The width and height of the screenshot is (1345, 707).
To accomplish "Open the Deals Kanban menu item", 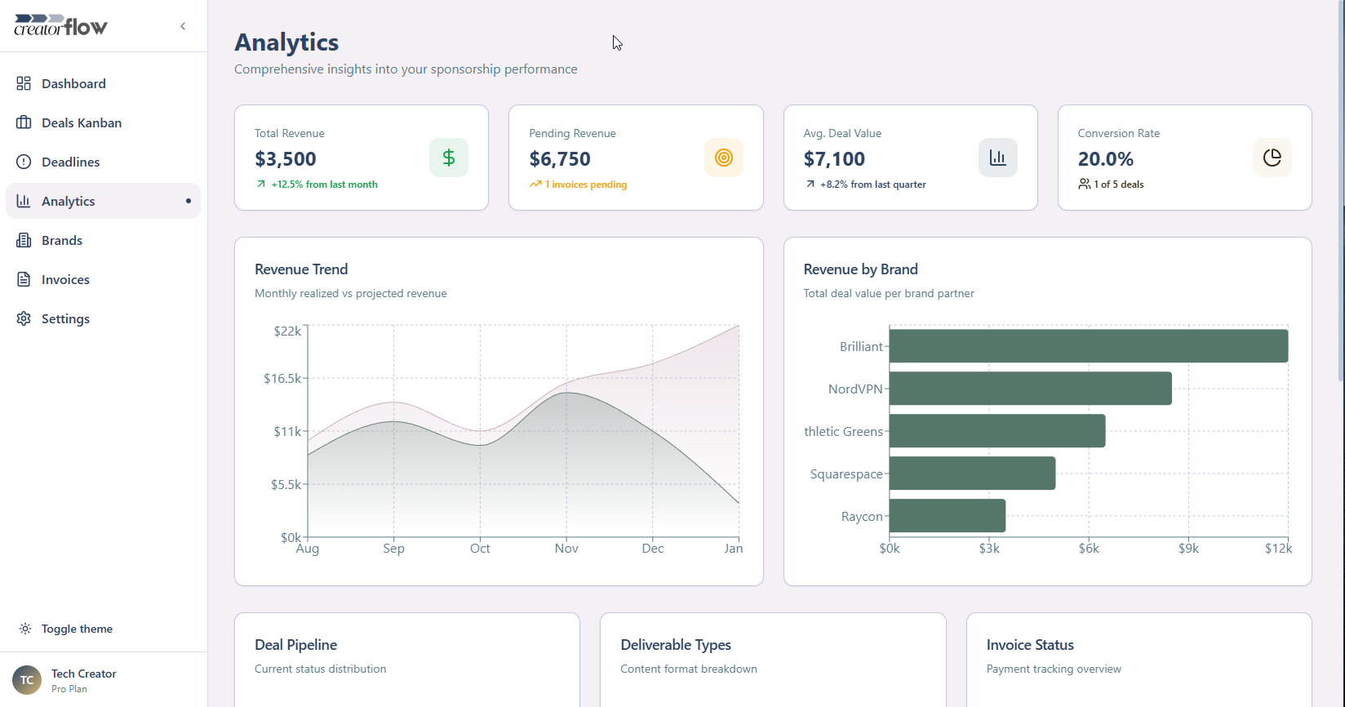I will [81, 122].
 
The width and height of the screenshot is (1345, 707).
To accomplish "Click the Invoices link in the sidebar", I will [65, 279].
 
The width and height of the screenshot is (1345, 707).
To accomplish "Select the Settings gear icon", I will [24, 318].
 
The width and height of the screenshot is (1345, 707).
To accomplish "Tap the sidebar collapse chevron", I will [183, 26].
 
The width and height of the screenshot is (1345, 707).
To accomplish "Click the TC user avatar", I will [27, 679].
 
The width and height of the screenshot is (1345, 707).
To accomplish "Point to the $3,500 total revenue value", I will [286, 159].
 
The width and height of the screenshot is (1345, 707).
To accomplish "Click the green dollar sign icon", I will [449, 158].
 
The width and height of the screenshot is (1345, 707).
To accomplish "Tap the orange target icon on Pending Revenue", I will [723, 158].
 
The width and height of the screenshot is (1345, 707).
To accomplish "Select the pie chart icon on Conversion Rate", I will [1272, 158].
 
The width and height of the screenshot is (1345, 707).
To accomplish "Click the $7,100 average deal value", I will [834, 159].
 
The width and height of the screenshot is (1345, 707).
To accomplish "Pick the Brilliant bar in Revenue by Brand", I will [1088, 346].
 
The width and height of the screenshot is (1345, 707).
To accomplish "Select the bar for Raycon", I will [947, 516].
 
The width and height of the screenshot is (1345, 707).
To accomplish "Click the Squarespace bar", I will [972, 474].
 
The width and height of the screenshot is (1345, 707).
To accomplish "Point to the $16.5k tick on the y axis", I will [282, 378].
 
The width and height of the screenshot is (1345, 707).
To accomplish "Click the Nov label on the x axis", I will [566, 549].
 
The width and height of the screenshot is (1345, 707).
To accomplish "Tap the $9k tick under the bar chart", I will [1188, 549].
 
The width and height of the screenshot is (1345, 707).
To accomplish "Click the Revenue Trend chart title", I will [301, 269].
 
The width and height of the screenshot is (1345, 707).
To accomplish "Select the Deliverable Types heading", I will [676, 645].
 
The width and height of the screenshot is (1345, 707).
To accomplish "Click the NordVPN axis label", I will [855, 389].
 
